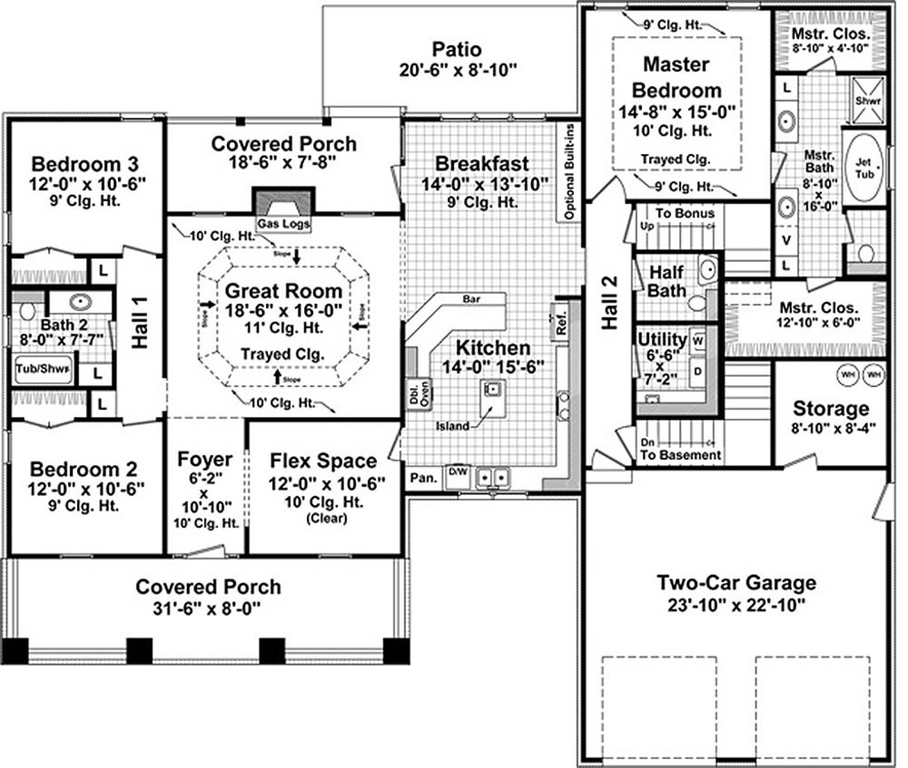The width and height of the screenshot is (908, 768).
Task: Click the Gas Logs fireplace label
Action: coord(284,225)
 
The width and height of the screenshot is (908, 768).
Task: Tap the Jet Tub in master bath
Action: coord(863,168)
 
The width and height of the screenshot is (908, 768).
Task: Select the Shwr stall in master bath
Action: coord(863,101)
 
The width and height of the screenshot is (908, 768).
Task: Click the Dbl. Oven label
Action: coord(415,395)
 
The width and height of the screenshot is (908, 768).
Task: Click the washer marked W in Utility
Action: coord(698,339)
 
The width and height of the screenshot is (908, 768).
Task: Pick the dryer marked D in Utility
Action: coord(697,371)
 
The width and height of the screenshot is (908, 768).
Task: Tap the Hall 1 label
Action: coord(141,325)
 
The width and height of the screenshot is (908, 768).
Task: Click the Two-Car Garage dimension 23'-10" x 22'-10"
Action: coord(736,607)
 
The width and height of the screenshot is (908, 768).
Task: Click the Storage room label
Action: coord(831,408)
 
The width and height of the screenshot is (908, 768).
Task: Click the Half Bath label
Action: coord(667,280)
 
